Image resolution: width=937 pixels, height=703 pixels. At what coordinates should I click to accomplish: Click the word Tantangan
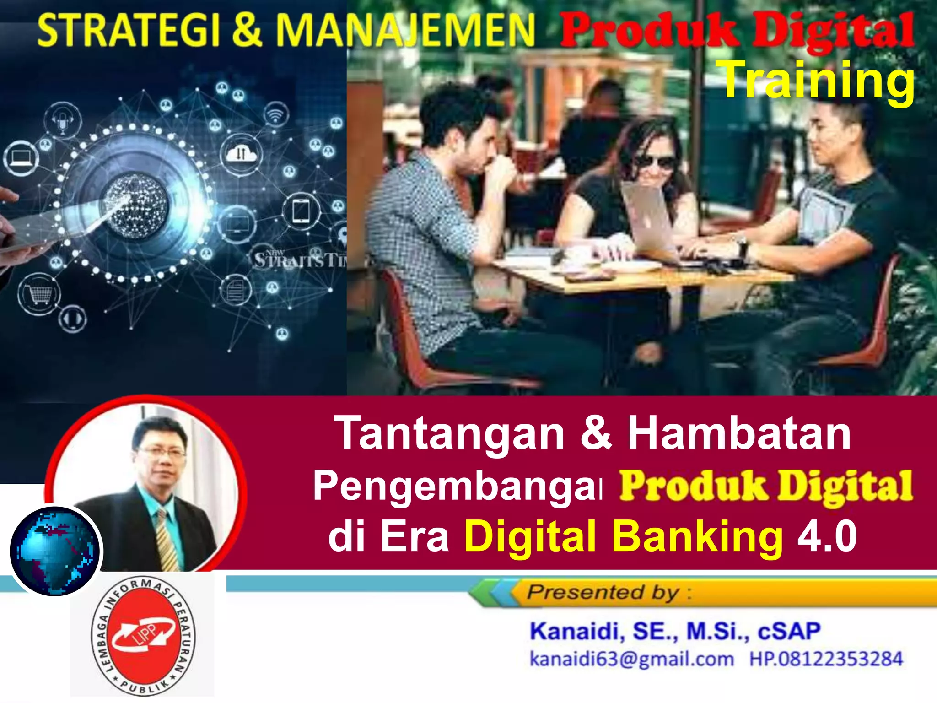[x=451, y=433]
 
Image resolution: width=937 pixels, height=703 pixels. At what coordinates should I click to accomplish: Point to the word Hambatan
[x=738, y=433]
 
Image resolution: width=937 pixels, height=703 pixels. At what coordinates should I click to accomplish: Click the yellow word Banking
[x=697, y=536]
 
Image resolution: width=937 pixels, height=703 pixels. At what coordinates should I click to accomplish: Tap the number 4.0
[x=827, y=536]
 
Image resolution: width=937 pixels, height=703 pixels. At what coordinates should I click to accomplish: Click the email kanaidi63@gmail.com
[x=631, y=660]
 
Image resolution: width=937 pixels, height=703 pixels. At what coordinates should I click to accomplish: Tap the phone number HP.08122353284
[x=826, y=660]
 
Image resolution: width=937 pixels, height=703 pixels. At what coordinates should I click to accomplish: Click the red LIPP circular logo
[x=143, y=635]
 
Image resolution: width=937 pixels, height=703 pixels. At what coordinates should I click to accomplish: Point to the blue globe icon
[x=55, y=551]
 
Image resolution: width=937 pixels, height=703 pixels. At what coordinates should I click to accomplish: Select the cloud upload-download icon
[x=241, y=154]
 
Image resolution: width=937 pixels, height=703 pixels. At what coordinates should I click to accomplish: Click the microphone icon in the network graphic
[x=63, y=120]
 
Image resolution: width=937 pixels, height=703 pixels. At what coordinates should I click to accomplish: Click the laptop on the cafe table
[x=652, y=224]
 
